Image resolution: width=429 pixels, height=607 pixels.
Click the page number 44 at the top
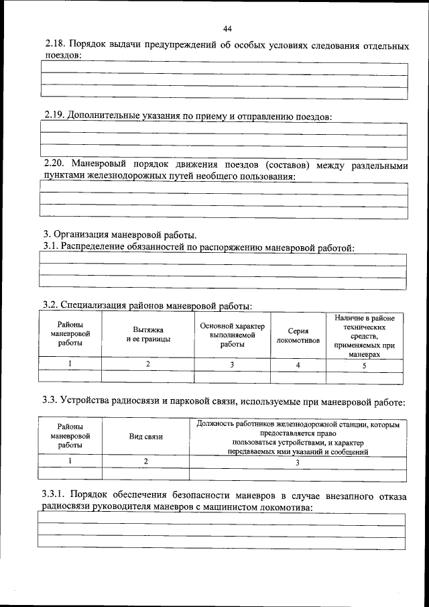tap(227, 28)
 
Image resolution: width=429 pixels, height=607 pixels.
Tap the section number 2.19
tap(54, 115)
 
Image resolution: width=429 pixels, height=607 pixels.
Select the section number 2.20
tap(54, 165)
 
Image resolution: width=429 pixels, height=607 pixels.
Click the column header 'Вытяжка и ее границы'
tap(147, 334)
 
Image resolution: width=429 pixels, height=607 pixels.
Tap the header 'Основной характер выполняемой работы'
tap(233, 334)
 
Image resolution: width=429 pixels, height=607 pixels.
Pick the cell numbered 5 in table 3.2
tap(364, 365)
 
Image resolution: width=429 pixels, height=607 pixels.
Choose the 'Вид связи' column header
tap(145, 436)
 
